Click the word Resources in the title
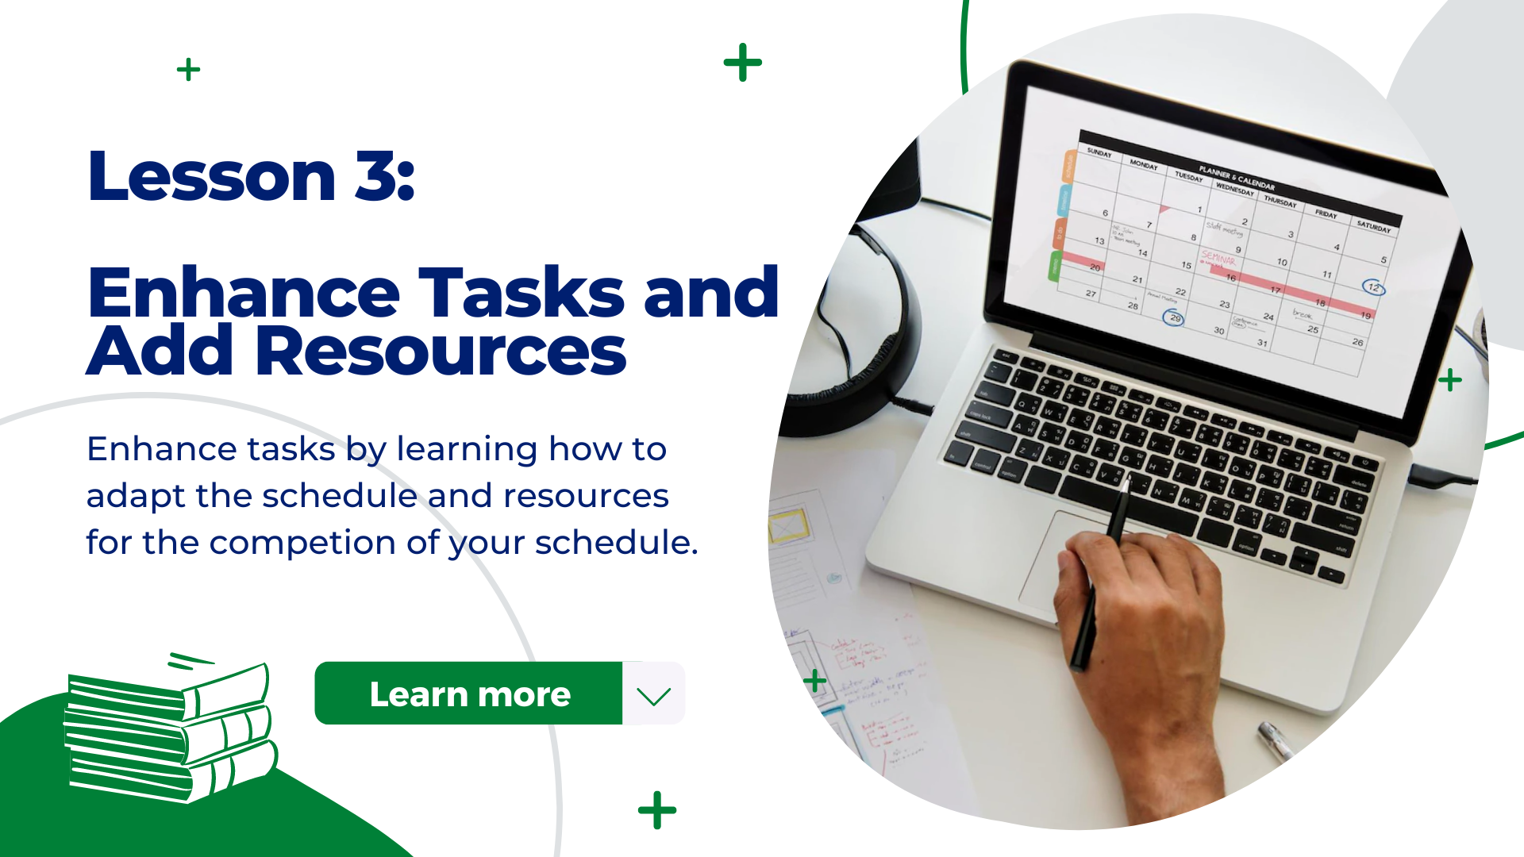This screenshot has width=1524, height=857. coord(441,351)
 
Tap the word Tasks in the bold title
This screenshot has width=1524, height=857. coord(521,293)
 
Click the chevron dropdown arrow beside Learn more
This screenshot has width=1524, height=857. coord(653,695)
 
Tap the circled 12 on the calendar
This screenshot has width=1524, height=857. coord(1373,287)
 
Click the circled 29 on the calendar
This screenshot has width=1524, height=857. coord(1174,318)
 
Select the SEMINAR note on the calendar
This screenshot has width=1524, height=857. coord(1218,259)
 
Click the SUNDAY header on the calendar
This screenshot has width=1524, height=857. coord(1099,152)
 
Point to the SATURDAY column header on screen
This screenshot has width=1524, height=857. coord(1373,226)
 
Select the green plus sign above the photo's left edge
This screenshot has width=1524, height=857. coord(742,63)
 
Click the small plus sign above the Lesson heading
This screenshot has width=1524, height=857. coord(188,70)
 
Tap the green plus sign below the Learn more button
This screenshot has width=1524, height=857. coord(657,810)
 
